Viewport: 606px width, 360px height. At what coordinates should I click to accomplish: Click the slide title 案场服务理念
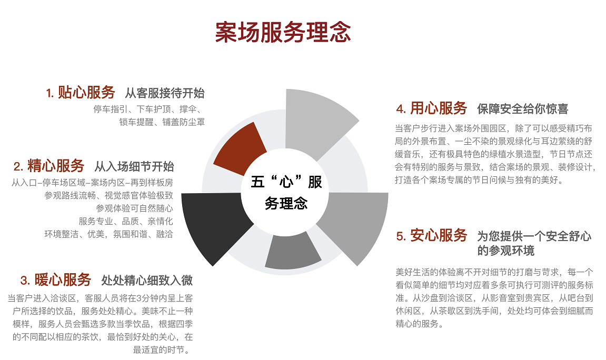(x=283, y=33)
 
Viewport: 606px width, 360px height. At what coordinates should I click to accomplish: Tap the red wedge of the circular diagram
(x=239, y=149)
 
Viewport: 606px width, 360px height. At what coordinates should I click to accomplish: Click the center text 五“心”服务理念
(x=286, y=193)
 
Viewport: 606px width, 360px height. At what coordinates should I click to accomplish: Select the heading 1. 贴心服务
(x=81, y=93)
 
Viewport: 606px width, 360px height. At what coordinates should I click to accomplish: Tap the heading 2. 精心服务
(x=49, y=166)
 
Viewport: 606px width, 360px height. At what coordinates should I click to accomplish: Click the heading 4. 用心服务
(x=432, y=108)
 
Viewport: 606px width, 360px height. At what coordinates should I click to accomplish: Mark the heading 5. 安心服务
(x=432, y=235)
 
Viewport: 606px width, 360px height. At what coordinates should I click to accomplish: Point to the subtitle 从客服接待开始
(x=164, y=94)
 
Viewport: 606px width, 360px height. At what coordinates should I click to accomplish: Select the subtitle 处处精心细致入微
(x=147, y=280)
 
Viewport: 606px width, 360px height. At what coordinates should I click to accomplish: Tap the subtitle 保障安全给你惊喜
(x=522, y=109)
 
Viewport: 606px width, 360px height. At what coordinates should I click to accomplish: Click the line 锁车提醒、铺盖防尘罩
(x=162, y=122)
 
